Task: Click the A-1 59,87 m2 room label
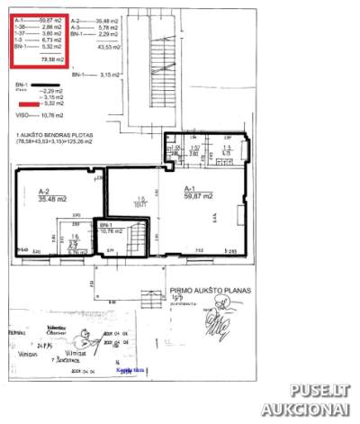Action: point(196,192)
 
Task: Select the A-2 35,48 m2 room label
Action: point(49,194)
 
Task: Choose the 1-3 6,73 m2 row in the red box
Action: point(38,41)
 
